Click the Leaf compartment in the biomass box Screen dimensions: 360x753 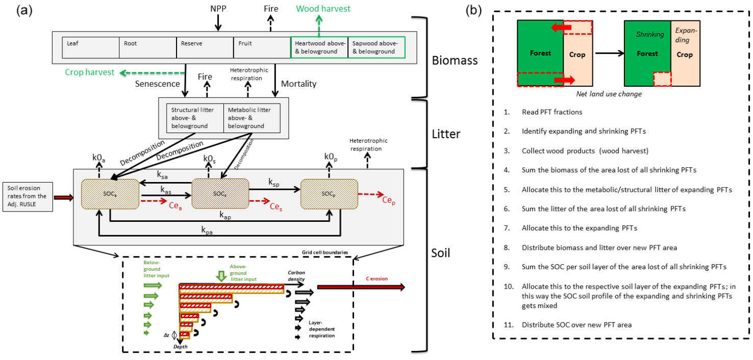[x=90, y=47]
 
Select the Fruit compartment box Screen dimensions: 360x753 [x=262, y=47]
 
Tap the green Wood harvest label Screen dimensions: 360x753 [x=323, y=9]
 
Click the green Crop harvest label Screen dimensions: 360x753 [x=90, y=72]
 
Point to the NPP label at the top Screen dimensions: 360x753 [x=218, y=9]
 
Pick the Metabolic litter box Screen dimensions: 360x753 [x=252, y=118]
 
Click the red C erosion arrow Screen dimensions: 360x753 [x=361, y=288]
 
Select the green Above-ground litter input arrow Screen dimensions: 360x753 [x=221, y=275]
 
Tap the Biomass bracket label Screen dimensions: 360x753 [x=454, y=61]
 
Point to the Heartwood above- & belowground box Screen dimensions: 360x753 [x=319, y=47]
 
